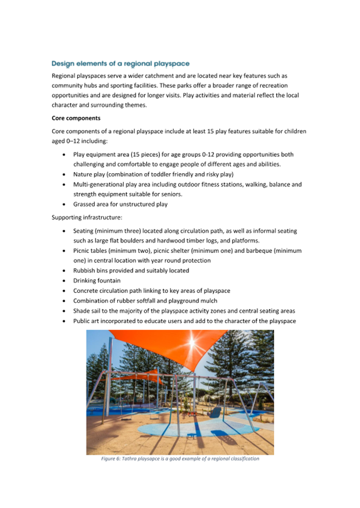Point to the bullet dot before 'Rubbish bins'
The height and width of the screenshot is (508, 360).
point(65,270)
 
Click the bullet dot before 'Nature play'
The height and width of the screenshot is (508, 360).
point(65,174)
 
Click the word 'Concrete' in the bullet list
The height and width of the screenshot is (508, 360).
point(87,291)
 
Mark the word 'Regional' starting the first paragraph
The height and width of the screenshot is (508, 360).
point(66,76)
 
